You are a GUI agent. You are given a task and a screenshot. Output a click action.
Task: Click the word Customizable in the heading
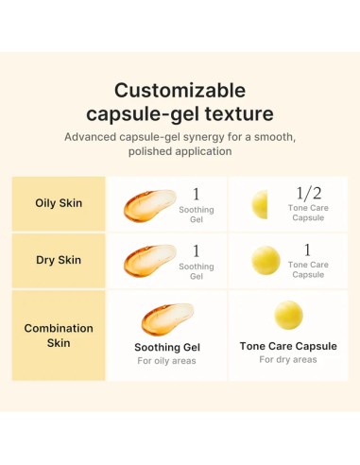pos(180,91)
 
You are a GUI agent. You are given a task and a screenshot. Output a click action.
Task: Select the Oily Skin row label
pos(59,203)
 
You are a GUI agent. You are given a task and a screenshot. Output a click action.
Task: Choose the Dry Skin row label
pos(59,260)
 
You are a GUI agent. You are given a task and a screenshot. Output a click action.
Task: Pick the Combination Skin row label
pos(59,335)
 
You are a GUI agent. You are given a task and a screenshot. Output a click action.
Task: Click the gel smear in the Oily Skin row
pos(148,205)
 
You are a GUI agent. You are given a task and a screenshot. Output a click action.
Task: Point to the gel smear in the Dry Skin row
pos(148,262)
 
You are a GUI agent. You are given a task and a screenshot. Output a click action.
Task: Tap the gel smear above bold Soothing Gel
pos(166,319)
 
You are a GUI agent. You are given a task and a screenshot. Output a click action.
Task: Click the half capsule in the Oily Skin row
pos(260,204)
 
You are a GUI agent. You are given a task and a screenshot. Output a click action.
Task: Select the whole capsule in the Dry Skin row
pos(266,260)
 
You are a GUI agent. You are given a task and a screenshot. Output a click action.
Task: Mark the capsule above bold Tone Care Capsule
pos(288,315)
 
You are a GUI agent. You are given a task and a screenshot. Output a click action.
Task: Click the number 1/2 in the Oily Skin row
pos(308,193)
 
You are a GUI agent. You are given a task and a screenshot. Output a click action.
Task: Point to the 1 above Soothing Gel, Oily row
pos(197,194)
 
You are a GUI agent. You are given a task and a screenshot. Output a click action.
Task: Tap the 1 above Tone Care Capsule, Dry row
pos(307,250)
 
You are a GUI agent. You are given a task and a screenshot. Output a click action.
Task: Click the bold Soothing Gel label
pos(167,347)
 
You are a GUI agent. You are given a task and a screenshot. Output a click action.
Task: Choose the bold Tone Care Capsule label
pos(288,346)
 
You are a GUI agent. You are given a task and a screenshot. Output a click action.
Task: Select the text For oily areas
pos(167,360)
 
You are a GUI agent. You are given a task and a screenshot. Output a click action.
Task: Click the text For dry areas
pos(288,359)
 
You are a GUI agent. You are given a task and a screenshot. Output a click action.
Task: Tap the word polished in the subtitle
pos(153,151)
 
